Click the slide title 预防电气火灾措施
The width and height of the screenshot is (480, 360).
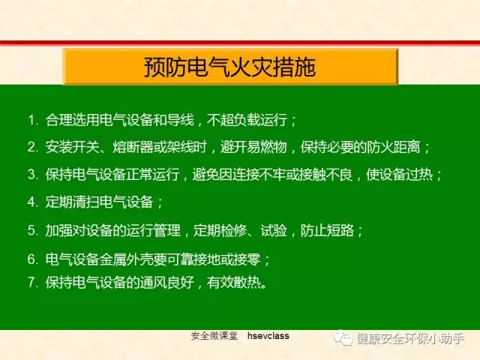230,67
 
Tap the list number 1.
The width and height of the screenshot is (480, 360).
31,120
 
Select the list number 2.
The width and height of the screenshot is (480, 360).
31,147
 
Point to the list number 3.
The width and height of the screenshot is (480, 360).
31,175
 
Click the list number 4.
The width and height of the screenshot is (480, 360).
31,202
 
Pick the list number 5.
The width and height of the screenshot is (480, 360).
31,230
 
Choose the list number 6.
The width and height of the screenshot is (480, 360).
31,259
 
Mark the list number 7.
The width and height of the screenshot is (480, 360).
31,282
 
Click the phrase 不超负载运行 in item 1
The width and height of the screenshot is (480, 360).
247,120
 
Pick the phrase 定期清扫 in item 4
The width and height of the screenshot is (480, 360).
72,202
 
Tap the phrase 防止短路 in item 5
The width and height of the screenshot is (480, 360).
327,230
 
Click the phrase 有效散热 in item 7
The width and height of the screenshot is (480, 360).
233,282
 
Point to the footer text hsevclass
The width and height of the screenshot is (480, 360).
268,336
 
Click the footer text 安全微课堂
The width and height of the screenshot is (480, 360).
214,336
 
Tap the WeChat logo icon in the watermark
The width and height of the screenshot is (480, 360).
343,338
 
